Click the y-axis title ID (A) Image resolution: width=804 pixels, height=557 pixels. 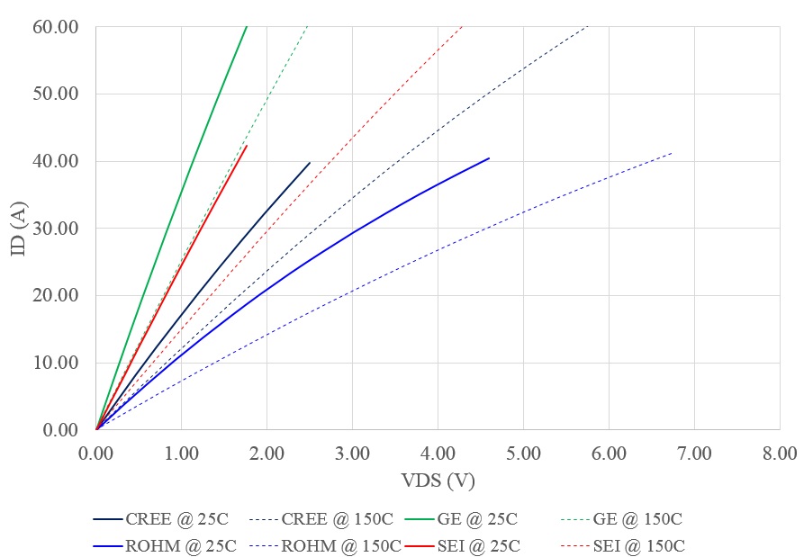click(x=19, y=229)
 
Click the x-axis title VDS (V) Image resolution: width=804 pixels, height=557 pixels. click(x=438, y=480)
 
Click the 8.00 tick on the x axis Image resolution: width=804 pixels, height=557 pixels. click(x=779, y=453)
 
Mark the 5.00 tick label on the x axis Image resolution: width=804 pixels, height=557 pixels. click(x=523, y=453)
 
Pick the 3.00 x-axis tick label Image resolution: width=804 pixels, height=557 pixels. click(x=352, y=453)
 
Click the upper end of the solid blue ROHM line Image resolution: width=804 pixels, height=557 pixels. click(x=489, y=158)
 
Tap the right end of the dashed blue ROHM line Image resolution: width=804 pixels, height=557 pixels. click(x=672, y=153)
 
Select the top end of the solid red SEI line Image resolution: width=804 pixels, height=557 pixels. click(x=246, y=146)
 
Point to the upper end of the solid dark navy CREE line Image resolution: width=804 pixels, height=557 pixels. click(x=310, y=163)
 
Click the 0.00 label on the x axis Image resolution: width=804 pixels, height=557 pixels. click(x=96, y=453)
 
